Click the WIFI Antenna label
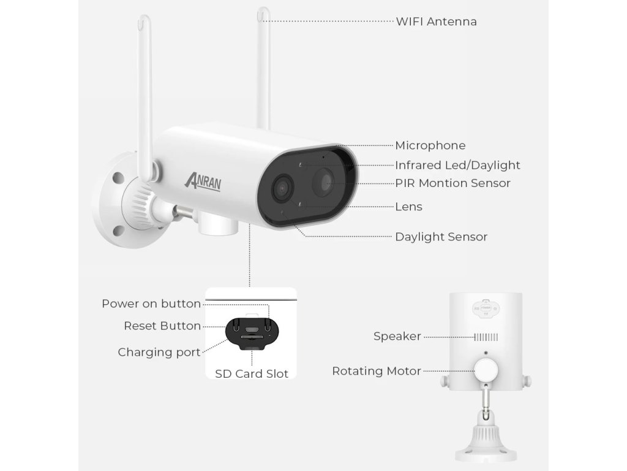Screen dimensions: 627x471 [436, 21]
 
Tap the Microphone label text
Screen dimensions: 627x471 [430, 145]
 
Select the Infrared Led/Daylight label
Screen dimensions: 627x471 [457, 165]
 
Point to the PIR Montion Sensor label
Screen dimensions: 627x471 [452, 183]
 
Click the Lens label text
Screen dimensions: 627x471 [408, 207]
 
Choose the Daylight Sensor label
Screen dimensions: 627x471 [441, 237]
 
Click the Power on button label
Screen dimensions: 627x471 [151, 304]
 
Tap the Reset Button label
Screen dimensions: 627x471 [162, 326]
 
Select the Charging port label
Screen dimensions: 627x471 [159, 352]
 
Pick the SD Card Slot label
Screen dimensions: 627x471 [251, 373]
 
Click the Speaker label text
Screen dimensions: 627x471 [397, 336]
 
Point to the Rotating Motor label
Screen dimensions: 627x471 [377, 371]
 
